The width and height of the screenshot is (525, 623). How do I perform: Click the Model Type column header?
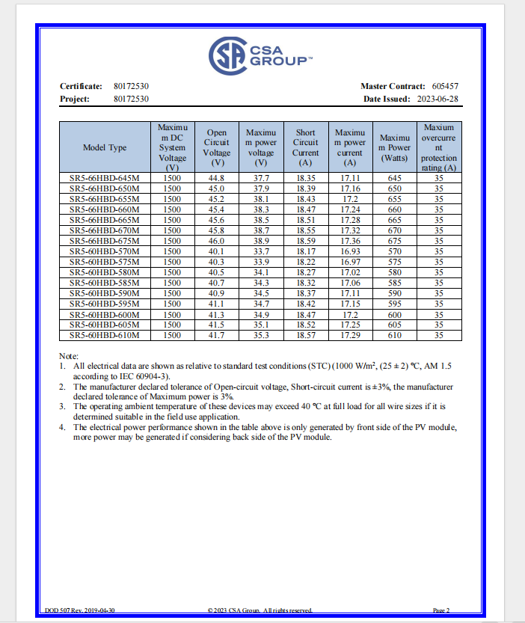click(105, 147)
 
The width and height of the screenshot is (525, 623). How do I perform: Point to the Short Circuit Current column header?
click(305, 147)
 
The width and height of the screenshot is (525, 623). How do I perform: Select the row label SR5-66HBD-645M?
click(105, 179)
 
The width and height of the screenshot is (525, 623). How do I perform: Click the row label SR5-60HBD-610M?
click(105, 336)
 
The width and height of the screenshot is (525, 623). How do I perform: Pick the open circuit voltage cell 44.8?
click(216, 179)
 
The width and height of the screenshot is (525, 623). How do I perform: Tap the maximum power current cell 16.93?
click(349, 252)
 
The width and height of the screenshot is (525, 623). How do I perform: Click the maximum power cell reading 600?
click(394, 315)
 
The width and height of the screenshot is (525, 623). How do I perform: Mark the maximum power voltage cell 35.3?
click(261, 336)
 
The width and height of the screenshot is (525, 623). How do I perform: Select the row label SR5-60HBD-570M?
click(105, 252)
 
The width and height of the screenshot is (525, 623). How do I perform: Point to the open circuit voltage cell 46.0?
click(216, 242)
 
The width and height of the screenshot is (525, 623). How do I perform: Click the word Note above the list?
click(70, 356)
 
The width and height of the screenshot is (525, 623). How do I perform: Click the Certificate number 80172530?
click(131, 87)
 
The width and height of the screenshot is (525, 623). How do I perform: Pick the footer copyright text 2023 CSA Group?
click(262, 610)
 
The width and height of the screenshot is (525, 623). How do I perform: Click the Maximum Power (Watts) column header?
click(394, 147)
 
